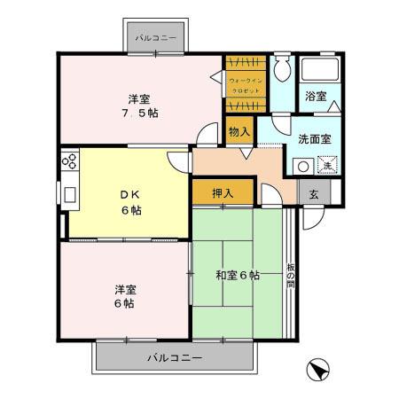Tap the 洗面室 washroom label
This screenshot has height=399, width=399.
[314, 140]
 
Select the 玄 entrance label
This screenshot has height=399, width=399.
[313, 193]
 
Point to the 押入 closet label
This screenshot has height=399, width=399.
[223, 194]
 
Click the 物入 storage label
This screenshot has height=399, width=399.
[239, 131]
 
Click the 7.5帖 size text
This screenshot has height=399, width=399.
[141, 113]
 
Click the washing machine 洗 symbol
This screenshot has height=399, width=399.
[326, 165]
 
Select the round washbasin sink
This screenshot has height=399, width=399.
[302, 165]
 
